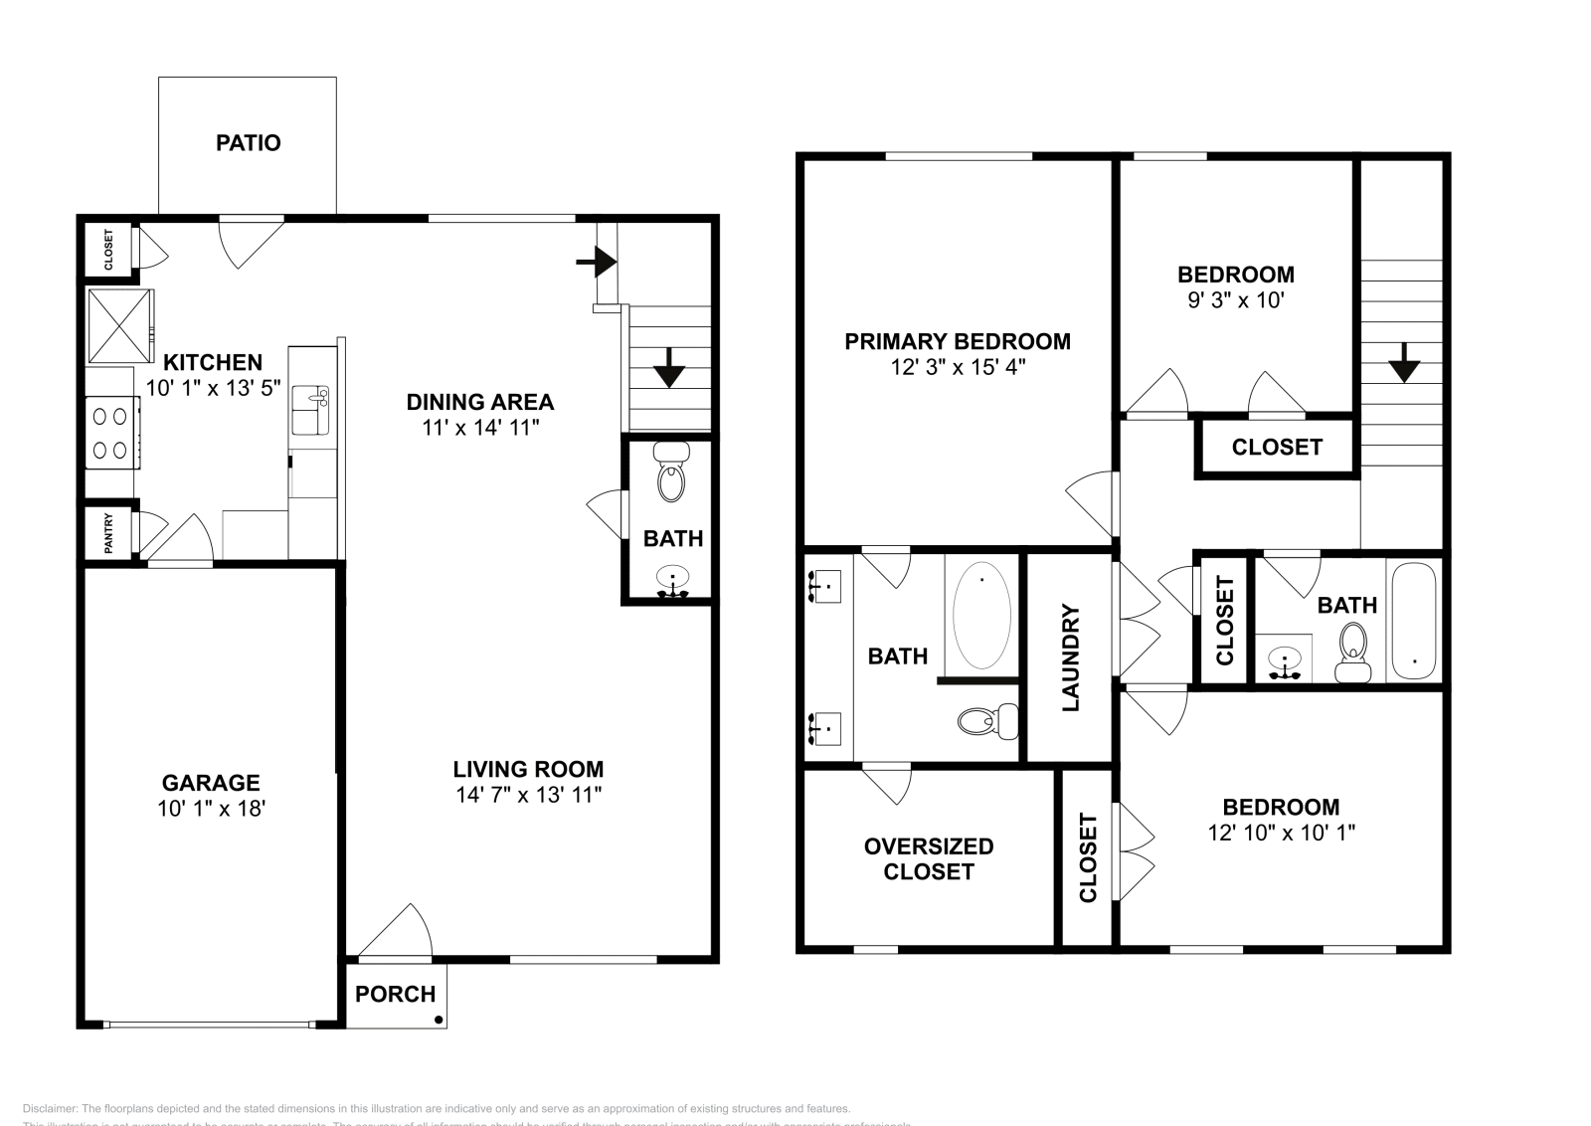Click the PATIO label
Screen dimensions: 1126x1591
pyautogui.click(x=248, y=143)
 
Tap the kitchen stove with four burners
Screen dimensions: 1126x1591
pyautogui.click(x=112, y=432)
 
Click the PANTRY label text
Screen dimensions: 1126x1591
pyautogui.click(x=108, y=533)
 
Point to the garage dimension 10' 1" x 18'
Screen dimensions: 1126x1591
pyautogui.click(x=211, y=809)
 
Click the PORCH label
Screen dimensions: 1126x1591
pyautogui.click(x=395, y=994)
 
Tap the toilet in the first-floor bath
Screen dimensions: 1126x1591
pyautogui.click(x=673, y=473)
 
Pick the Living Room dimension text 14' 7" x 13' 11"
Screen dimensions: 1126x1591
pyautogui.click(x=528, y=795)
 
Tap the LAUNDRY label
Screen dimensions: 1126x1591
pyautogui.click(x=1071, y=658)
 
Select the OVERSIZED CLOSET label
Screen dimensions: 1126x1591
pyautogui.click(x=928, y=858)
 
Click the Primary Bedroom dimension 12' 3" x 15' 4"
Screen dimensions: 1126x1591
pyautogui.click(x=957, y=367)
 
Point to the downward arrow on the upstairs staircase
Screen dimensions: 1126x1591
pyautogui.click(x=1403, y=364)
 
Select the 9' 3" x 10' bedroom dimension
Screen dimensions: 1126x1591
pyautogui.click(x=1236, y=299)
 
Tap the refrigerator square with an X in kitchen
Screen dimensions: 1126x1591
pyautogui.click(x=119, y=325)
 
